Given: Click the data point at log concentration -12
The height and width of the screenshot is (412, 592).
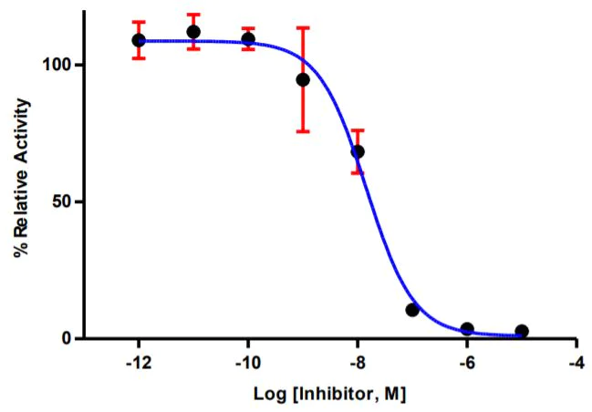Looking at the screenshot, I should pos(139,40).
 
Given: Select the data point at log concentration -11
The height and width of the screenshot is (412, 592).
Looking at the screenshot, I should pos(193,32).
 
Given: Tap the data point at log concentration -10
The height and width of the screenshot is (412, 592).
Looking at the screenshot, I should pos(248,39).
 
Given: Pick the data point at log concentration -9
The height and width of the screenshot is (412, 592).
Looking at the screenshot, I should pos(303,79).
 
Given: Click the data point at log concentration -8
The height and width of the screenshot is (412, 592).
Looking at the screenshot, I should pos(358,151).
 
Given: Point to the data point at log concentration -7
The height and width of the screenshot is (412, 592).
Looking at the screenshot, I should pos(412,310).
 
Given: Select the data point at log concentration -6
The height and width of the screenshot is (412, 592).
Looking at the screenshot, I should pos(467,329).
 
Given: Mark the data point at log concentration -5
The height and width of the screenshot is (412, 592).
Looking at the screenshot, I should pos(522,331).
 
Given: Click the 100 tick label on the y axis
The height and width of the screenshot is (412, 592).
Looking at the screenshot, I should pos(57,66).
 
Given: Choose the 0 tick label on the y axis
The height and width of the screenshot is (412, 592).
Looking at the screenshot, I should pos(67,339).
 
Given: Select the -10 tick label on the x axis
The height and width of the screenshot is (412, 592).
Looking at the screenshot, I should pos(248,362).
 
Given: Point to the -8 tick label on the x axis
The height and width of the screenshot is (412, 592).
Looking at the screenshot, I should pos(358,362).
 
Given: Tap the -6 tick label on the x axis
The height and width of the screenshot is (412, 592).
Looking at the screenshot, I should pos(467,362).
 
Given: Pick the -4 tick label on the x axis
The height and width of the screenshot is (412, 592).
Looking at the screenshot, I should pos(576,362).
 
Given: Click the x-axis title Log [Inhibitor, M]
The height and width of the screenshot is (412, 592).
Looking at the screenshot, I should pos(329,396).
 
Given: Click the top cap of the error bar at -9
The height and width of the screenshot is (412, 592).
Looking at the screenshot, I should pos(303,27).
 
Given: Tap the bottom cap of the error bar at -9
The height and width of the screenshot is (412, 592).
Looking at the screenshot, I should pos(303,131).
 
